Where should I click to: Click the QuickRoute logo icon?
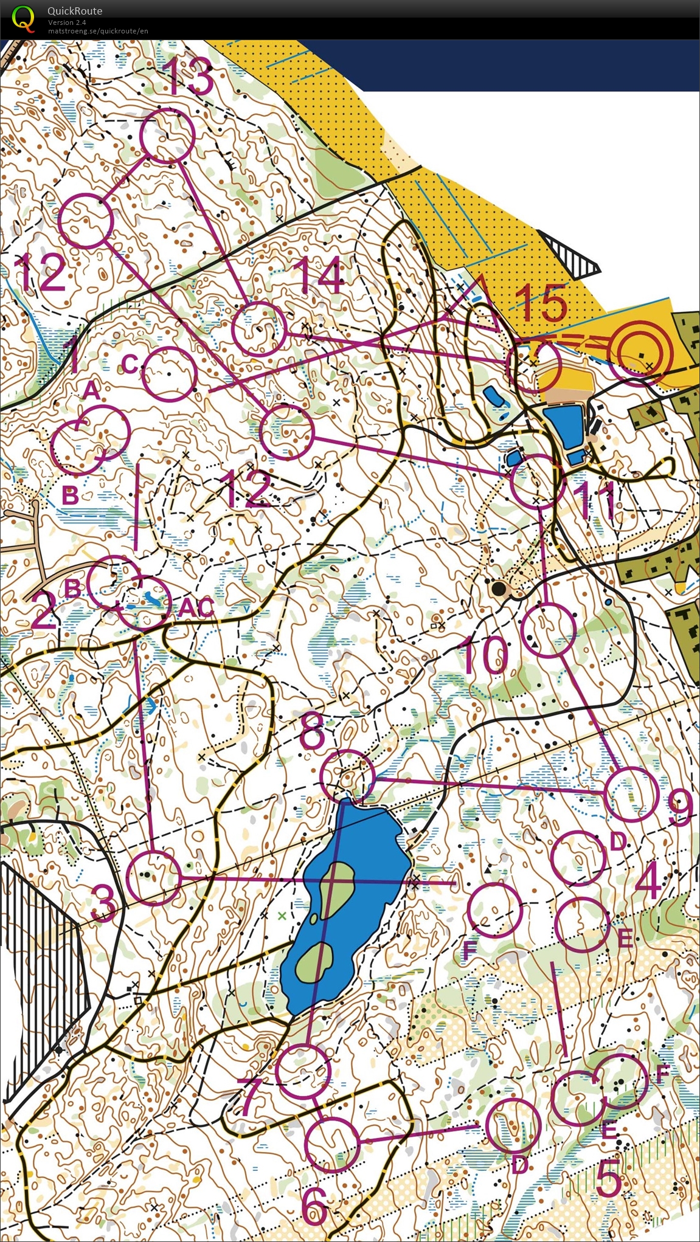click(x=23, y=18)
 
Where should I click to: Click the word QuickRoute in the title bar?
click(x=75, y=11)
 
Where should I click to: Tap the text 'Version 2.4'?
click(x=67, y=22)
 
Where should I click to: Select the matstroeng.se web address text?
click(x=98, y=31)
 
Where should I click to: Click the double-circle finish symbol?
click(x=639, y=354)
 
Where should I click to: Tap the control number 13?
click(x=189, y=77)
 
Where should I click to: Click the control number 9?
click(x=679, y=808)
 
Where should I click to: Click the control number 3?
click(x=105, y=902)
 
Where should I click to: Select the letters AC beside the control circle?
click(x=196, y=607)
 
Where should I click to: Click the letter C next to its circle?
click(x=130, y=364)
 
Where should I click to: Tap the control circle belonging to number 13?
click(x=167, y=135)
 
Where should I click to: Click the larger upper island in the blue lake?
click(x=334, y=888)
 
